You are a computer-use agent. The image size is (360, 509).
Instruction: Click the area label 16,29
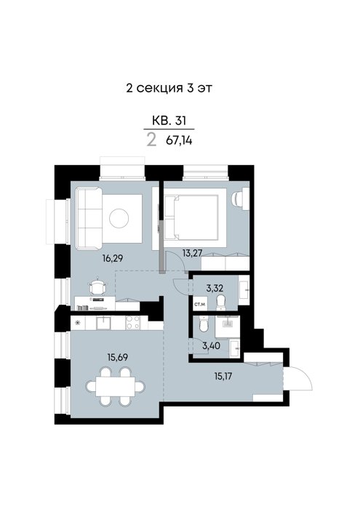click(113, 258)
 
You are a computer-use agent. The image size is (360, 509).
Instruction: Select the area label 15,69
click(118, 357)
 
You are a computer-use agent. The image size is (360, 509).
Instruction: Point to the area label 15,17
click(223, 377)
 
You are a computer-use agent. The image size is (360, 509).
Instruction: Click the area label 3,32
click(215, 288)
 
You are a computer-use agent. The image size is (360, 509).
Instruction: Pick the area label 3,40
click(212, 345)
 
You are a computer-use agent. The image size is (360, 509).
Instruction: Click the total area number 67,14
click(179, 140)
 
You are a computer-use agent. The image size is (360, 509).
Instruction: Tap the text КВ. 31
click(169, 121)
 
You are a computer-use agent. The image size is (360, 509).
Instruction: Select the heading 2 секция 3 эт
click(169, 88)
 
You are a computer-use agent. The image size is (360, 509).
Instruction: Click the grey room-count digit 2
click(151, 140)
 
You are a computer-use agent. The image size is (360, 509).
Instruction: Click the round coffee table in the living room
click(119, 218)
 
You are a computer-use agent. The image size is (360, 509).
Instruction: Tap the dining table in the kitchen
click(115, 386)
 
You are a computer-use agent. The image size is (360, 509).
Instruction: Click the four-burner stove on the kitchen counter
click(133, 323)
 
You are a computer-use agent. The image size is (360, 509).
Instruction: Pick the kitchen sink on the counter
click(103, 323)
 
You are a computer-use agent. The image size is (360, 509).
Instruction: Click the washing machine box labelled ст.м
click(200, 303)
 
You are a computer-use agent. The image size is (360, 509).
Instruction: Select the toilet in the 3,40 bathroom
click(203, 324)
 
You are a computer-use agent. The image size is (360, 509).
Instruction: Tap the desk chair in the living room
click(97, 286)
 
